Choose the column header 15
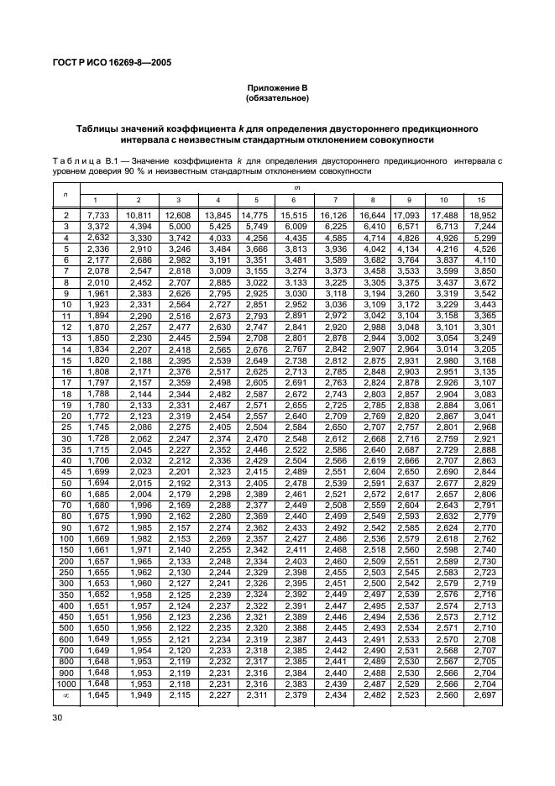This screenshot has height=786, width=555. click(482, 200)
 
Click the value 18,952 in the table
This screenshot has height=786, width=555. click(482, 216)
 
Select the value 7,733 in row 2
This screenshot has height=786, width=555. click(99, 216)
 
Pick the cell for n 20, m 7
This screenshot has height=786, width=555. click(335, 405)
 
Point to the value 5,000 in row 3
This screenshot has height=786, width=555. click(178, 226)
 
